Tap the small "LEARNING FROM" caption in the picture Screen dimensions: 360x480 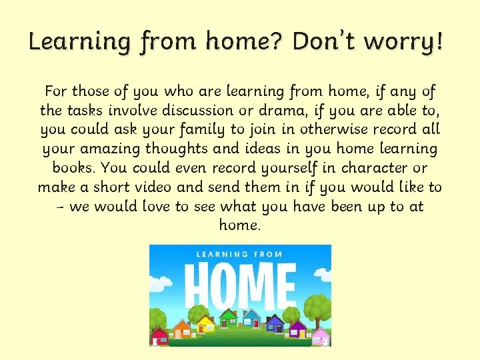[239, 254]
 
